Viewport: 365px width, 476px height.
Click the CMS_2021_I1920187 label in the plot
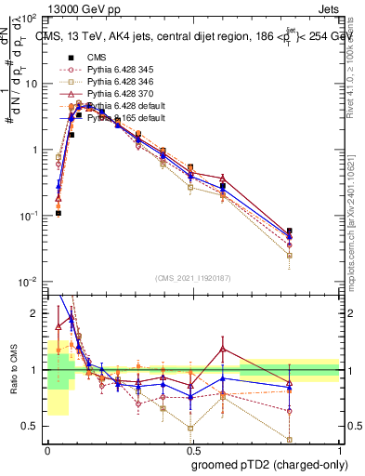(x=193, y=278)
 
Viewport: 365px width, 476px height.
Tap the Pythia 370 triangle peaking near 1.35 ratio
(x=223, y=349)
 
